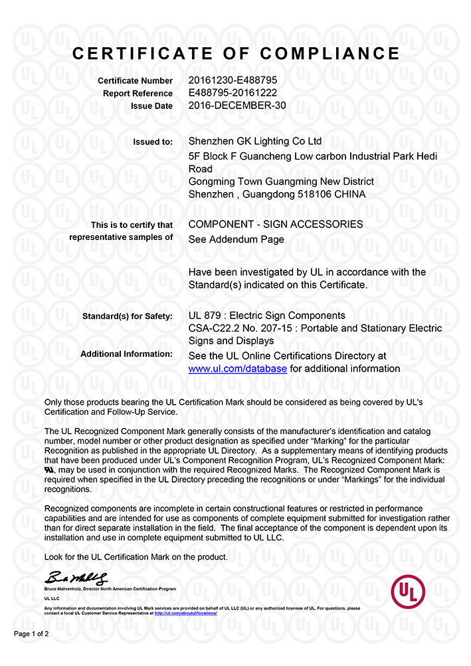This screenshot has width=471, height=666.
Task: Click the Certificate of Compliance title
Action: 235,54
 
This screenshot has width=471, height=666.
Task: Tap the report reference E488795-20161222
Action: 233,93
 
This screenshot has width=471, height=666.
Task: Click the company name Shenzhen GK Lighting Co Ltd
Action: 255,141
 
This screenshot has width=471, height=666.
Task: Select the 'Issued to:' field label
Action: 153,142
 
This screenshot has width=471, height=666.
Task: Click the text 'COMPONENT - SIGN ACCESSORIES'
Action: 276,224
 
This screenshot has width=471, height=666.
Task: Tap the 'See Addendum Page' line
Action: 236,239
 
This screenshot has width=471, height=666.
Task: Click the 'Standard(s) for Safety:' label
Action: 128,316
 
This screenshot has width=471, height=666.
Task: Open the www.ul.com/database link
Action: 237,369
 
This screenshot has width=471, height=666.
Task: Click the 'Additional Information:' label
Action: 126,354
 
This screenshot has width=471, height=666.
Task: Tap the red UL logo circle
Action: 408,591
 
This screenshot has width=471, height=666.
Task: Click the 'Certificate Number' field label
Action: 135,81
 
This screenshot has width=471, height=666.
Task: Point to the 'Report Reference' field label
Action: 138,94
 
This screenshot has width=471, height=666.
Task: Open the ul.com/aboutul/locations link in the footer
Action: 185,612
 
